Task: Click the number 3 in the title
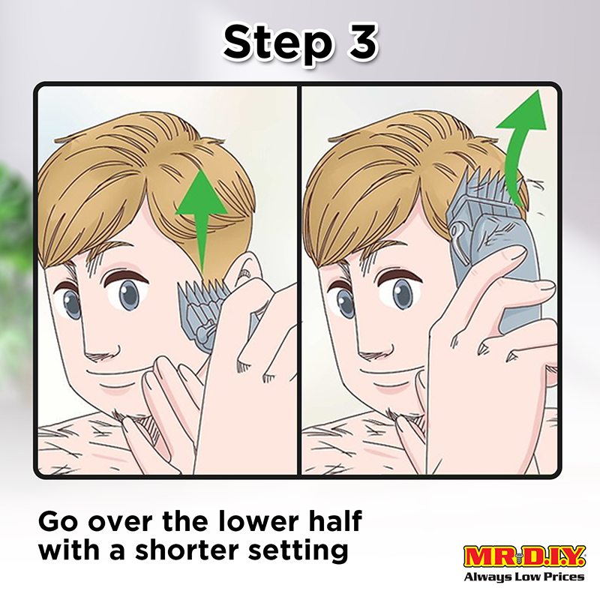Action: coord(362,42)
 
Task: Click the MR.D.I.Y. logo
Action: coord(524,556)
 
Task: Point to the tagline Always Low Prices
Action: coord(524,576)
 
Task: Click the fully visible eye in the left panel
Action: coord(129,295)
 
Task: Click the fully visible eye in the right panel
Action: coord(400,295)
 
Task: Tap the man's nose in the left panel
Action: coord(100,344)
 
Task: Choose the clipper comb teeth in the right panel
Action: coord(489,183)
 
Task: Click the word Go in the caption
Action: coord(58,521)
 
